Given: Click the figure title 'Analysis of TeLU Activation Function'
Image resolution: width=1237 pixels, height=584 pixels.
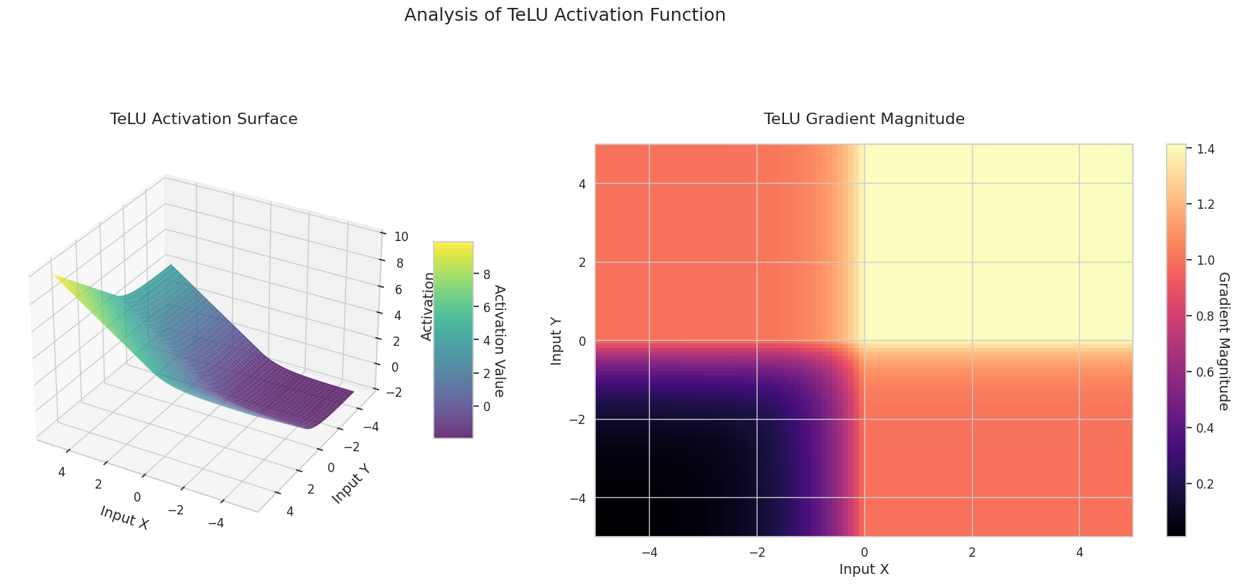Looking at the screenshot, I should [x=564, y=15].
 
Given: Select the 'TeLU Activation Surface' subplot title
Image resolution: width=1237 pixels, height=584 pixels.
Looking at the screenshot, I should [x=203, y=119].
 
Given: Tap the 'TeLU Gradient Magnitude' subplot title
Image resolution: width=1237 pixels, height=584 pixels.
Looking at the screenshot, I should [x=864, y=119].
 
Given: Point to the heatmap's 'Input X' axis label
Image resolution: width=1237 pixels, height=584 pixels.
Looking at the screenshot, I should [x=864, y=570].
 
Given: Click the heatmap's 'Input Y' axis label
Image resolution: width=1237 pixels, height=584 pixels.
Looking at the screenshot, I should [x=556, y=341].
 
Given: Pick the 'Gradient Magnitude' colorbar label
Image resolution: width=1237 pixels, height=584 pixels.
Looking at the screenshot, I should [x=1224, y=341].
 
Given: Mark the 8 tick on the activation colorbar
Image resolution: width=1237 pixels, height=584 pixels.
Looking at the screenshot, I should [x=487, y=274].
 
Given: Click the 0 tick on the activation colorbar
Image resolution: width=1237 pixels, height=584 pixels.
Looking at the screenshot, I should [x=487, y=407].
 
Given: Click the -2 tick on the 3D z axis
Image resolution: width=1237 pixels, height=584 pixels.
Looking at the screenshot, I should [x=395, y=392].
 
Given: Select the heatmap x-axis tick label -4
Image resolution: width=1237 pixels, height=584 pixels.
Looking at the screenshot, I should [x=649, y=552].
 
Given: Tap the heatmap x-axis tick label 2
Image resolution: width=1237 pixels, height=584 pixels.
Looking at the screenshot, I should [x=971, y=552].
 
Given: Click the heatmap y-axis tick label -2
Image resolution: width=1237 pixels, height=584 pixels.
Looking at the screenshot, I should [x=578, y=419].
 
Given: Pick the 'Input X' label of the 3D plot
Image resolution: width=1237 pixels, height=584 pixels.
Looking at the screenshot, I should [x=125, y=517].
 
